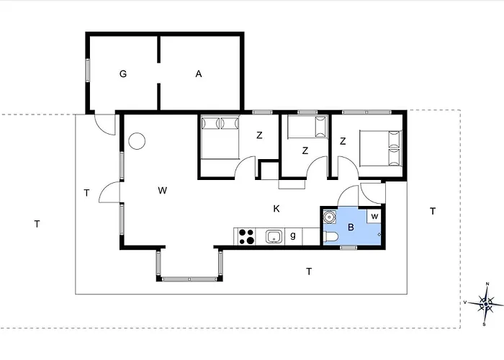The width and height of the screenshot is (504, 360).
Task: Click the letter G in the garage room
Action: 123,74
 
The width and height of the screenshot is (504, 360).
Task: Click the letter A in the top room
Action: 199,74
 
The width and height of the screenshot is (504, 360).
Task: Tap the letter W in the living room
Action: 163,191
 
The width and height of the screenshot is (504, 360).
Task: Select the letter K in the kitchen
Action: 276,209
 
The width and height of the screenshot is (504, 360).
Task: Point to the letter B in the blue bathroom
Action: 351,228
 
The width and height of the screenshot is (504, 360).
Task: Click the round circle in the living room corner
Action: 137,141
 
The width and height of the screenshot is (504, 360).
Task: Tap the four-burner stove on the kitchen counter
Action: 246,237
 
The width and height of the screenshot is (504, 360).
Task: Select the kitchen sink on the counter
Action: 274,237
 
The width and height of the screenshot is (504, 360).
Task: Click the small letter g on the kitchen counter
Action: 293,235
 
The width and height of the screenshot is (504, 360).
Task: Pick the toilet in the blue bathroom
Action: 330,237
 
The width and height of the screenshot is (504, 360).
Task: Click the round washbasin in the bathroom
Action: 329,217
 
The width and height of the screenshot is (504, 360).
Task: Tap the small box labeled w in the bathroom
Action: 374,216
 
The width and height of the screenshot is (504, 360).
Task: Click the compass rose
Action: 486,304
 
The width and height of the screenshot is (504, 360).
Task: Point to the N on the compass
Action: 487,284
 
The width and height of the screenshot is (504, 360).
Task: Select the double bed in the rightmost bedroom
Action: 381,148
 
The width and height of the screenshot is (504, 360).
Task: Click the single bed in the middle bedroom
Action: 307,127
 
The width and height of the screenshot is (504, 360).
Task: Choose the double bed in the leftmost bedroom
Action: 220,138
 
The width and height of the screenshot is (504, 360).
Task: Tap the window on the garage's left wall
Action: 87,71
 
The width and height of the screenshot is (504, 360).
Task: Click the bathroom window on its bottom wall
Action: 348,248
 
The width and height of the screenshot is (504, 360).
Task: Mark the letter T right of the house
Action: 433,212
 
